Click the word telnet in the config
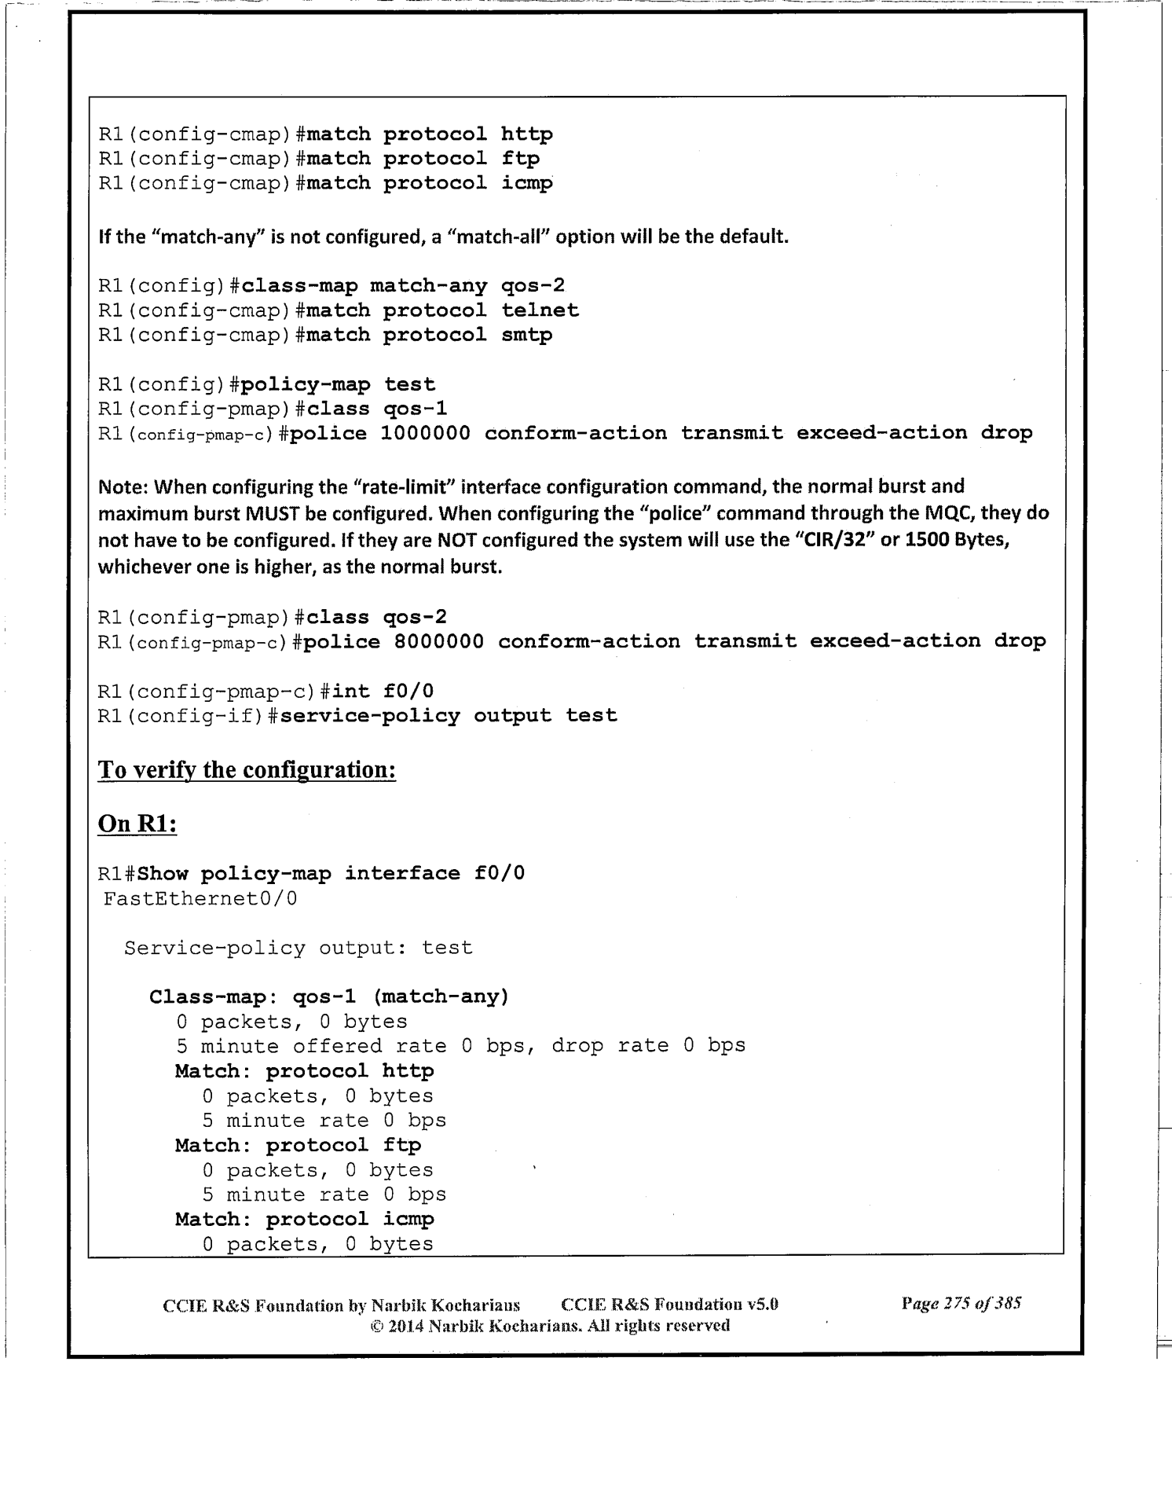pos(540,310)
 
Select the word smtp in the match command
pos(526,335)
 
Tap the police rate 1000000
pos(425,433)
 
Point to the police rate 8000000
pos(438,641)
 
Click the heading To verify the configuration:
pos(247,769)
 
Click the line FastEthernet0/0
pos(200,898)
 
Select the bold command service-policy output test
pos(449,716)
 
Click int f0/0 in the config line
pos(383,692)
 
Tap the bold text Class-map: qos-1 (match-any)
pos(329,997)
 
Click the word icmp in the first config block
pos(526,183)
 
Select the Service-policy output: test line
pos(298,948)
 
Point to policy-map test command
pos(338,384)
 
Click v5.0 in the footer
pos(762,1305)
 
